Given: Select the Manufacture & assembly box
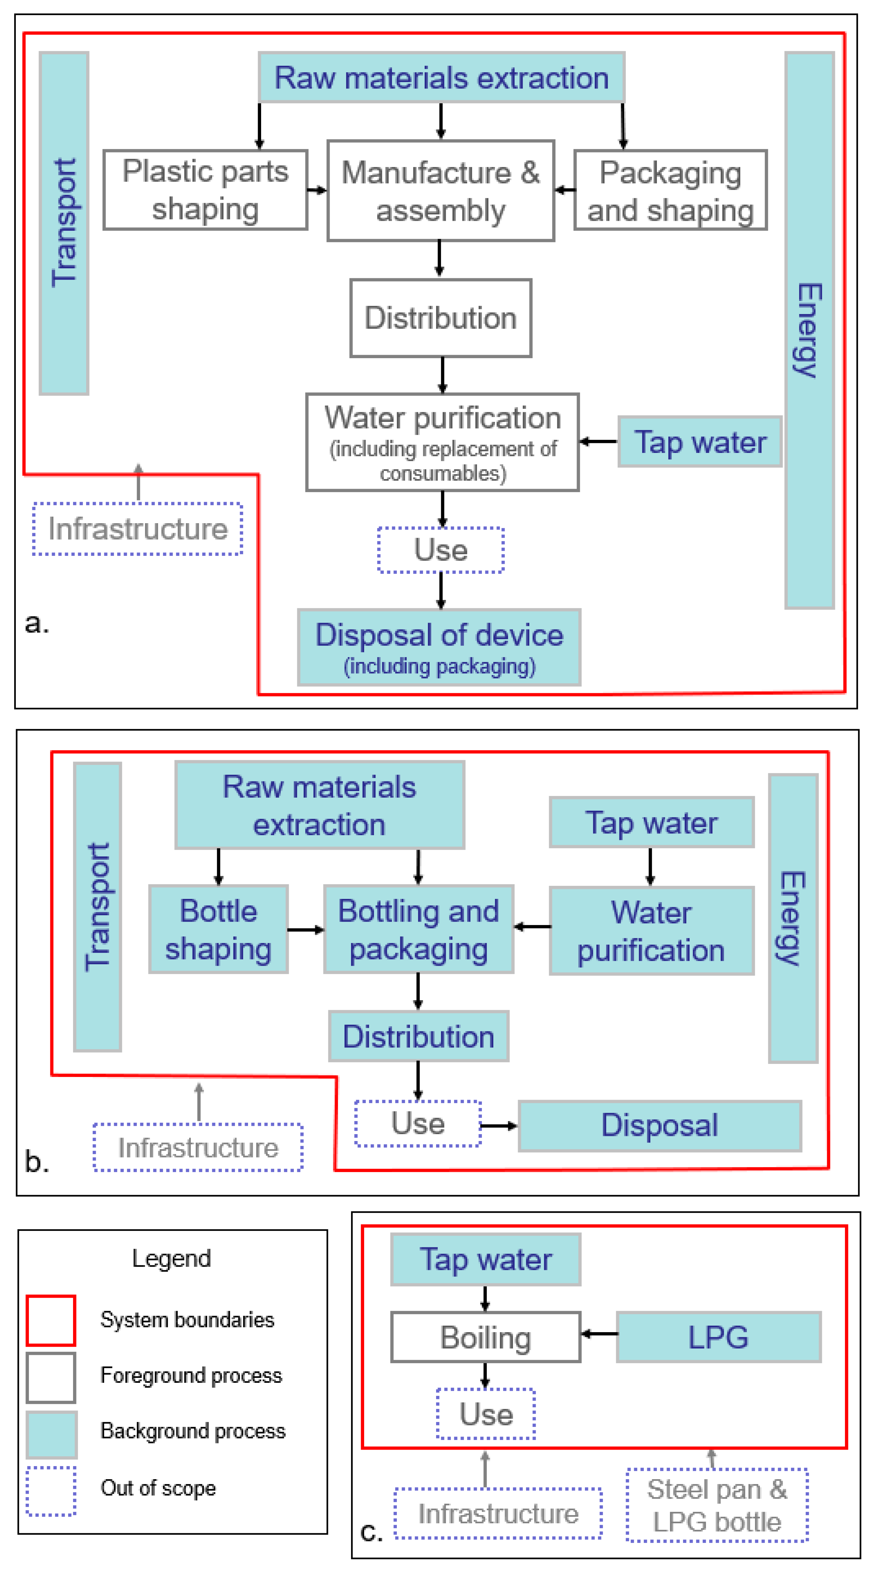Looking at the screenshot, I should [x=441, y=191].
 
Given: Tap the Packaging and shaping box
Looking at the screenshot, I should [x=670, y=190].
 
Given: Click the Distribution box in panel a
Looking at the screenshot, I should [x=441, y=318].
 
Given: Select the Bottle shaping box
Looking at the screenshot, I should [x=218, y=929].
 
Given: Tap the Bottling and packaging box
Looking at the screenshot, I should [x=419, y=929].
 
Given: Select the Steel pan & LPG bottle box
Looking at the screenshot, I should [x=717, y=1505].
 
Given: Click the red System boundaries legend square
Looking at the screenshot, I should [x=51, y=1320].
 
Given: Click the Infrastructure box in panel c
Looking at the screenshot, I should [x=498, y=1514].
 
